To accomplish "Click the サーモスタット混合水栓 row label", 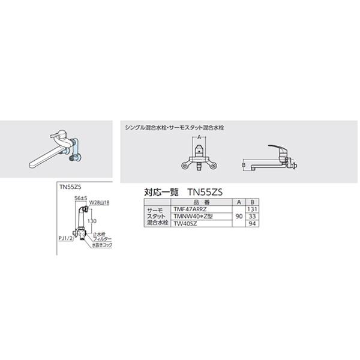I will [x=155, y=215].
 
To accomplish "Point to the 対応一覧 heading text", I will [x=158, y=192].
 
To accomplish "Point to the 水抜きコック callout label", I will [x=103, y=245].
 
